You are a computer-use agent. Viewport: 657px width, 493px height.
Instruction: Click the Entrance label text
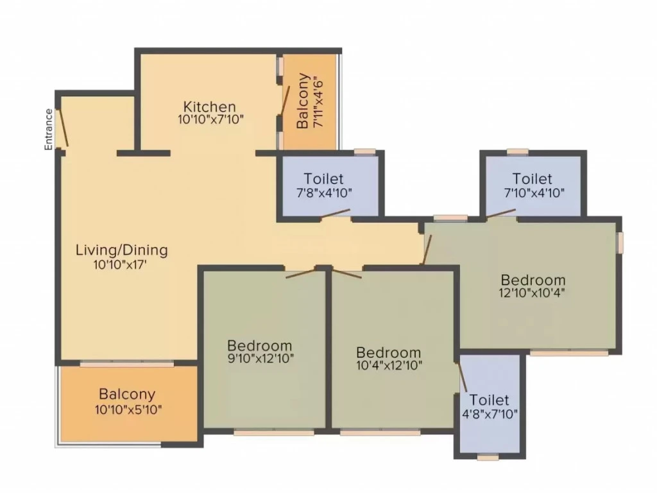point(49,129)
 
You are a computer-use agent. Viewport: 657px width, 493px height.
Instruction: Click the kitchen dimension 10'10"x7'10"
point(210,119)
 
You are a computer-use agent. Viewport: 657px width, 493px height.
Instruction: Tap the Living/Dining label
point(121,250)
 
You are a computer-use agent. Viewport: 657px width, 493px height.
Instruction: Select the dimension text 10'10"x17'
point(120,264)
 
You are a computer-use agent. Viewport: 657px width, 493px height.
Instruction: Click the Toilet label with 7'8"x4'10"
point(323,178)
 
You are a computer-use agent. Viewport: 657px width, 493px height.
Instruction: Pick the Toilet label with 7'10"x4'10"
point(533,178)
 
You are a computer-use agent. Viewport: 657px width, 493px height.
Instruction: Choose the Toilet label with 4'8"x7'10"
point(489,400)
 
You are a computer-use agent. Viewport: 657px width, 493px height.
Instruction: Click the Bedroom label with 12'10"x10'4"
point(533,280)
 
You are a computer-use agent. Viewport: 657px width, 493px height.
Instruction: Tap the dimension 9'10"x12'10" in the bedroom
point(260,359)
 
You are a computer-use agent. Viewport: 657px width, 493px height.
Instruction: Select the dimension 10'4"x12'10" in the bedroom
point(389,365)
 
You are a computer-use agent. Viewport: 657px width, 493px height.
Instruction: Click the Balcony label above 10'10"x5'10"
point(127,395)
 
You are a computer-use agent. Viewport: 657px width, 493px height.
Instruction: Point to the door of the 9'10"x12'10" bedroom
point(301,273)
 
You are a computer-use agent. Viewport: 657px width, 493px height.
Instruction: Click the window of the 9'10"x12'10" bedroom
point(273,432)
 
